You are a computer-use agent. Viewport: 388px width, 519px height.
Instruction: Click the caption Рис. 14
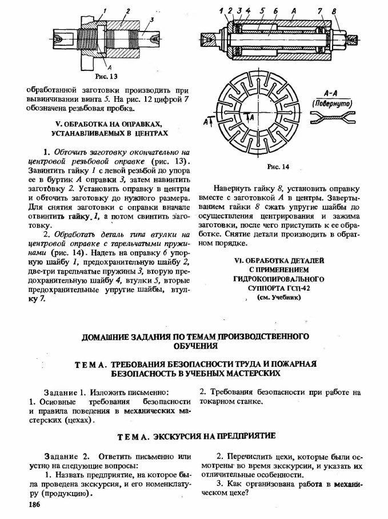click(278, 167)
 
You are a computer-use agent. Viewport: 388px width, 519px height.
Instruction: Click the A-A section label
click(333, 93)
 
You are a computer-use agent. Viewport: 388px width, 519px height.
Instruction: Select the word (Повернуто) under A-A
click(333, 103)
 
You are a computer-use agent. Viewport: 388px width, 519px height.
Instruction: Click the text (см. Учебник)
click(278, 298)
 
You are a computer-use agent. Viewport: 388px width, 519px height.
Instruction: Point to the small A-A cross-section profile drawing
click(333, 118)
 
